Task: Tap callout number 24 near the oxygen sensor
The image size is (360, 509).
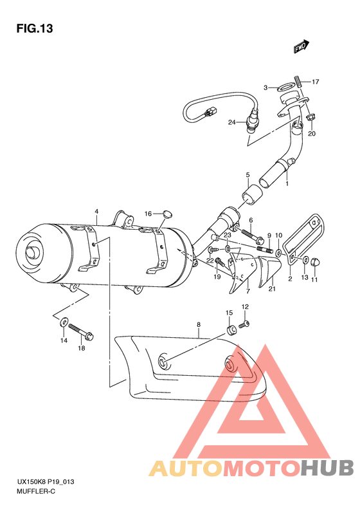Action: coord(232,122)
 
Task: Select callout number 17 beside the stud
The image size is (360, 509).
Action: coord(316,82)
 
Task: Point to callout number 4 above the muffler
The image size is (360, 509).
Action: coord(96,212)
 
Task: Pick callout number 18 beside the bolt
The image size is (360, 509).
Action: coord(81,348)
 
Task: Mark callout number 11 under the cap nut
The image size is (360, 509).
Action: coord(314,279)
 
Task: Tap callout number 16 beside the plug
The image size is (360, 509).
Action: coord(147,214)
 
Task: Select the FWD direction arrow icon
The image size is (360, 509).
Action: coord(300,46)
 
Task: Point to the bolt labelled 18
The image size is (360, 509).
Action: coord(80,331)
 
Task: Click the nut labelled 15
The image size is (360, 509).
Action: coord(230,332)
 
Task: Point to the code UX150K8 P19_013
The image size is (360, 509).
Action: coord(44,481)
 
